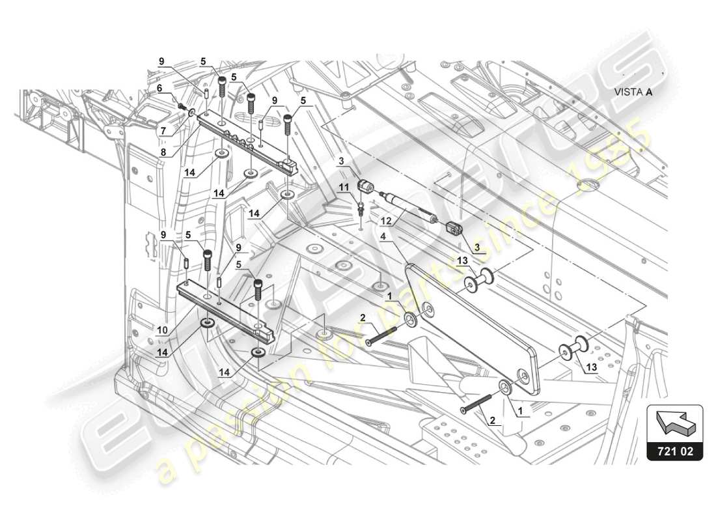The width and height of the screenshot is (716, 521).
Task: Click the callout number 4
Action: [383, 237]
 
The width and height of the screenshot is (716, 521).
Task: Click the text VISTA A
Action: [633, 92]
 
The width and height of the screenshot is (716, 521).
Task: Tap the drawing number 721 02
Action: [676, 450]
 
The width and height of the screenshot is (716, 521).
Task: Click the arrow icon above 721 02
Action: [674, 421]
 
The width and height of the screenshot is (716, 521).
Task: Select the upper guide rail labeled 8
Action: [247, 141]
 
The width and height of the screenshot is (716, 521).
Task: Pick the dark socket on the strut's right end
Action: [454, 229]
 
